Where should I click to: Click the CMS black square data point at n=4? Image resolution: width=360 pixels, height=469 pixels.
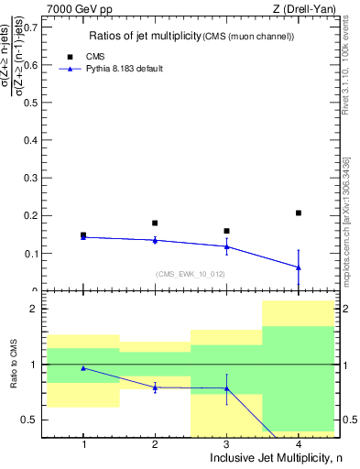[299, 213]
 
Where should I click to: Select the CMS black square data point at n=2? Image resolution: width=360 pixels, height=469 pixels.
[155, 223]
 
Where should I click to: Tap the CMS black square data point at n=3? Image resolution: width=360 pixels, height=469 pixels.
[226, 231]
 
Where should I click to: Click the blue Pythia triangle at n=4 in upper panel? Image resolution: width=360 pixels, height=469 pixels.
[299, 267]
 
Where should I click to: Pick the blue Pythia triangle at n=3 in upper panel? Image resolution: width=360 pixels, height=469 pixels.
[226, 246]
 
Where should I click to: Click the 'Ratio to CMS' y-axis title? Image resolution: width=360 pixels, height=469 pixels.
[14, 365]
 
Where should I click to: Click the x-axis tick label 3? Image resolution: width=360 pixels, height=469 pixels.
[226, 444]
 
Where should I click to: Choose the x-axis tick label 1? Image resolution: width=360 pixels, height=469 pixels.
[83, 444]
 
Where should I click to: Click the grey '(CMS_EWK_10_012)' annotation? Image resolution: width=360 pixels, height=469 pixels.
[190, 273]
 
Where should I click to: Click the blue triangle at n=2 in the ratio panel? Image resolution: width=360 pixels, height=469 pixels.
[155, 387]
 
